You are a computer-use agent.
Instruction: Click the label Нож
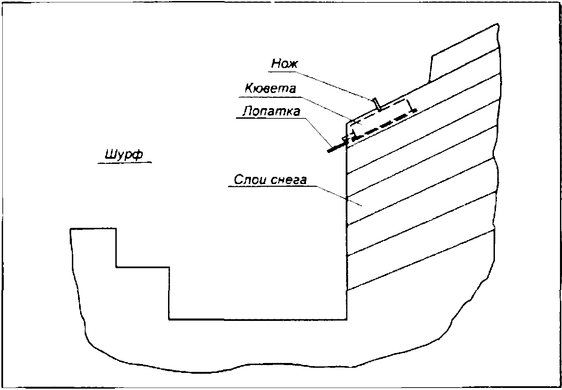[285, 64]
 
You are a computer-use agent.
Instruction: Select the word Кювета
[270, 88]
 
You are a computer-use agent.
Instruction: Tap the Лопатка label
[271, 112]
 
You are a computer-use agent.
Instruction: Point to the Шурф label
[124, 155]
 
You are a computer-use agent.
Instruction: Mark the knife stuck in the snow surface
[377, 104]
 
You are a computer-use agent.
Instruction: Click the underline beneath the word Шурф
[124, 163]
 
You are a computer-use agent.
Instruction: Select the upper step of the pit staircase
[93, 229]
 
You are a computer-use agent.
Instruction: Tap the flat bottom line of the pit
[257, 320]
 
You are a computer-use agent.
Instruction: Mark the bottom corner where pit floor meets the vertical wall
[347, 320]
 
